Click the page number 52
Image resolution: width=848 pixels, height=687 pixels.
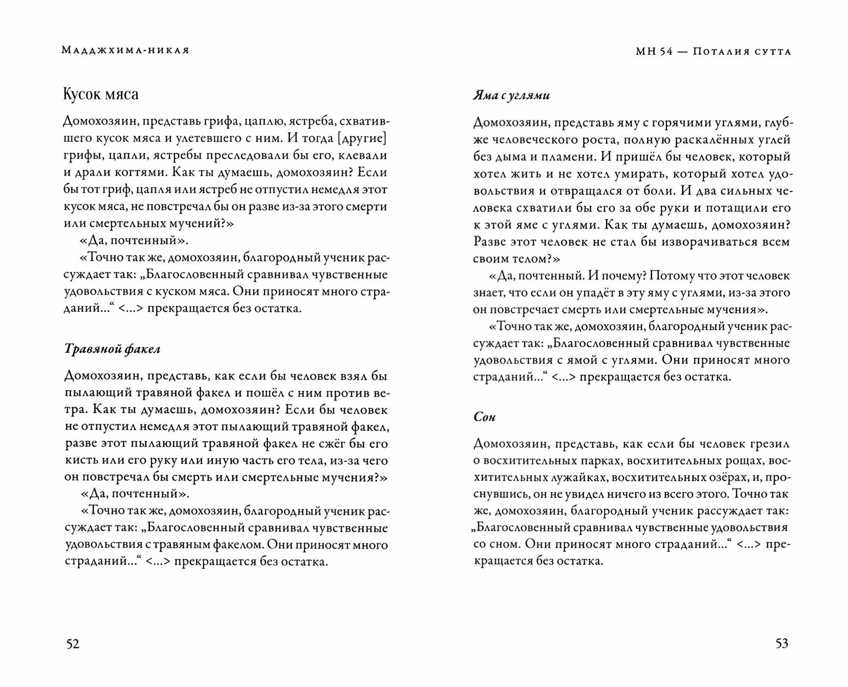pyautogui.click(x=73, y=644)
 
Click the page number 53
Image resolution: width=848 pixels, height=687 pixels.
pyautogui.click(x=781, y=644)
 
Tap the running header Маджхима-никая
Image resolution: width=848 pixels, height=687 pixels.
pyautogui.click(x=126, y=50)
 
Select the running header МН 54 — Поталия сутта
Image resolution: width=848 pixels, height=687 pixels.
pyautogui.click(x=713, y=52)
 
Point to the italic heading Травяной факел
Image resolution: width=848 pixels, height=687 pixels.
pyautogui.click(x=112, y=349)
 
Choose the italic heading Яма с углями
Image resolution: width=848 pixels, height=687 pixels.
pyautogui.click(x=511, y=96)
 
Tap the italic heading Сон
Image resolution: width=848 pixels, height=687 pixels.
pyautogui.click(x=484, y=417)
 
